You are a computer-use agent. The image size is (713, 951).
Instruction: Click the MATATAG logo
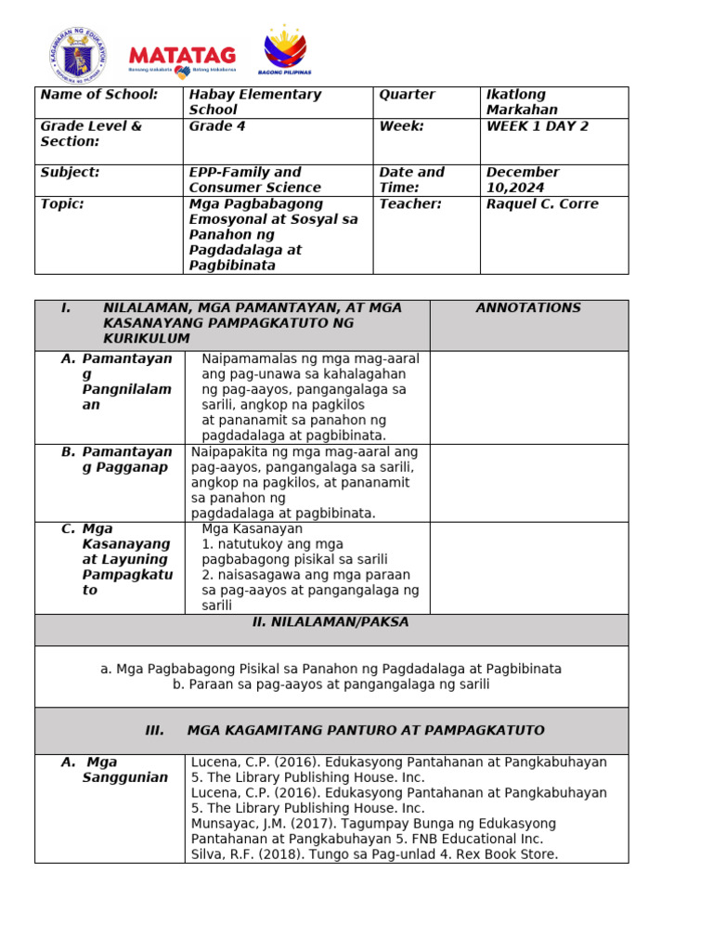click(182, 58)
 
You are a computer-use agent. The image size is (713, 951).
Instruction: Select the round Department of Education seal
click(78, 54)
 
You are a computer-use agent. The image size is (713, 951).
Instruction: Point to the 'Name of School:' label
click(99, 95)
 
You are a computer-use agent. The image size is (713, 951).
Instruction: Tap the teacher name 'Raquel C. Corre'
click(542, 204)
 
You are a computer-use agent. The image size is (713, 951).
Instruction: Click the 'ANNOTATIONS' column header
click(528, 308)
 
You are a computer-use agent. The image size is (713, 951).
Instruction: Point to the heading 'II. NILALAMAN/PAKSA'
click(331, 622)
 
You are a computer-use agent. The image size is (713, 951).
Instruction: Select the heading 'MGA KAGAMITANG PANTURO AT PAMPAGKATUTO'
click(366, 731)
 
